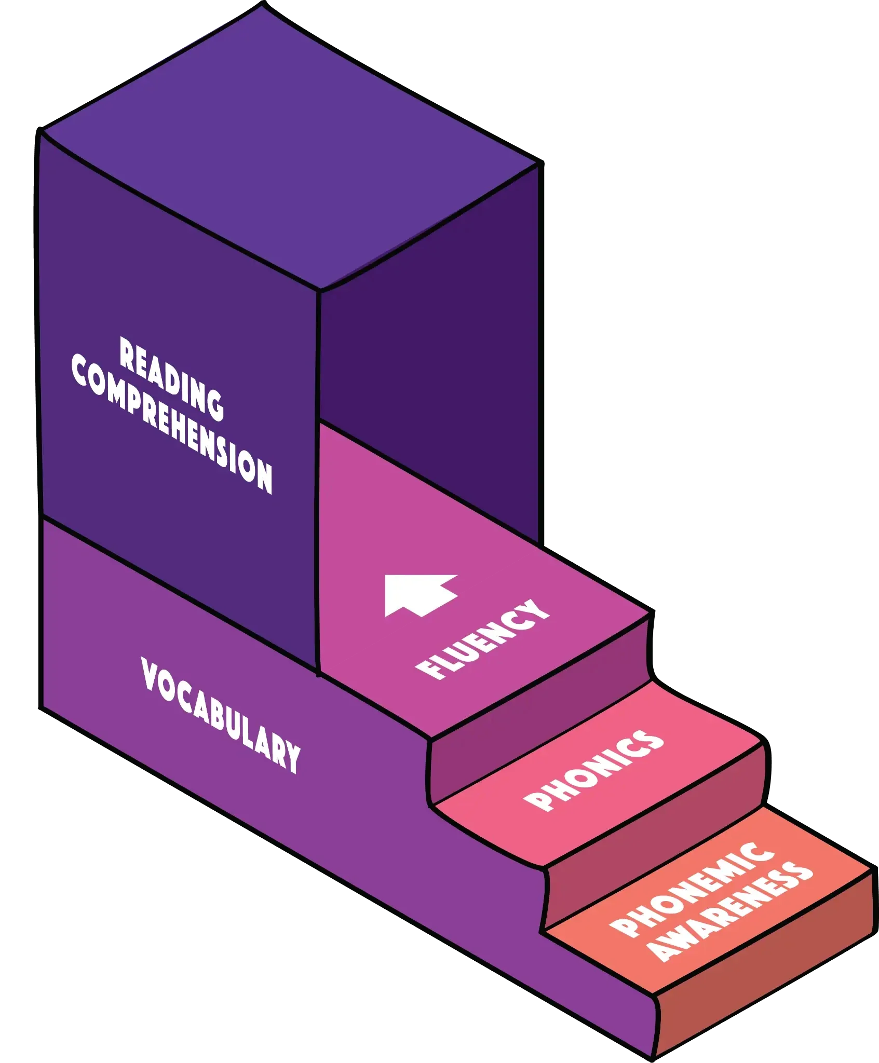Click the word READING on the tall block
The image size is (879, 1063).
point(171,378)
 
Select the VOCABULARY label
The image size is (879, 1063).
point(220,715)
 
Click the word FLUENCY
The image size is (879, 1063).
point(482,639)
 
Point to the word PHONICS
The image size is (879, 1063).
point(593,771)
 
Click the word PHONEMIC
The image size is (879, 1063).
point(691,891)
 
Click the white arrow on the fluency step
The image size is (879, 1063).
point(418,595)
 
